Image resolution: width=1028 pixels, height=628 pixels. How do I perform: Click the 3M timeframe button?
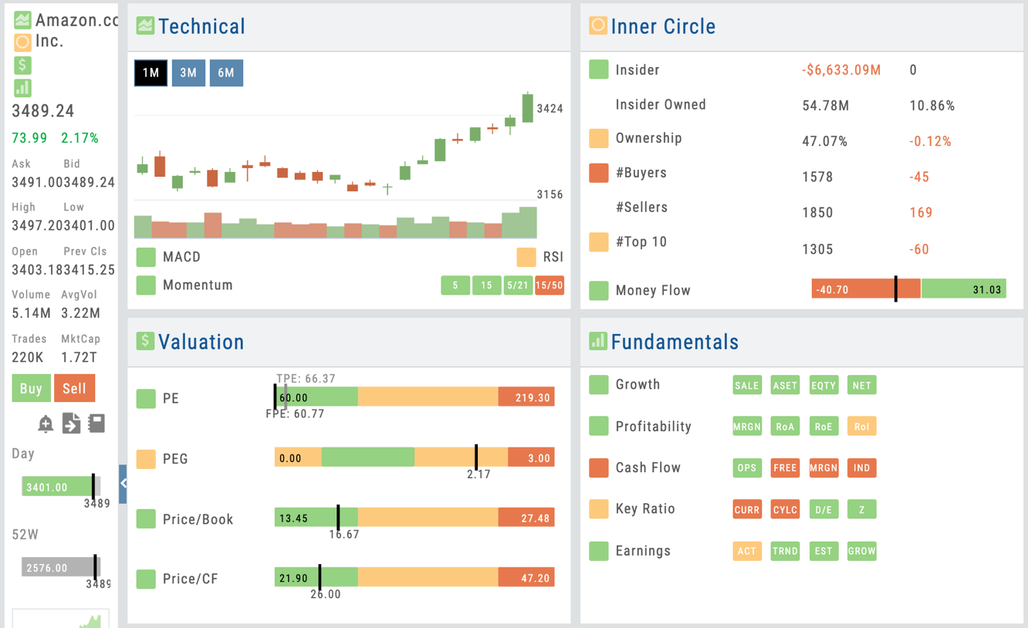click(188, 73)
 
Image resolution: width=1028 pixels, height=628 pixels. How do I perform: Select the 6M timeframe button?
click(226, 73)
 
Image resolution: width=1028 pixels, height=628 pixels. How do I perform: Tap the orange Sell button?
click(74, 388)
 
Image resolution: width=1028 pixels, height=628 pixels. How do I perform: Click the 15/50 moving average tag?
click(549, 285)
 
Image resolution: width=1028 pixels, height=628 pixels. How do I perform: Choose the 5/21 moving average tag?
click(517, 285)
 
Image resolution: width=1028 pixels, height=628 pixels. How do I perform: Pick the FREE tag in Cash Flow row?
click(785, 468)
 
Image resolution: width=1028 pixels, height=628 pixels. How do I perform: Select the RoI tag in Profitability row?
click(861, 427)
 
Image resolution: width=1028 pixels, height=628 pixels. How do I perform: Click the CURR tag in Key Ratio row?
click(746, 509)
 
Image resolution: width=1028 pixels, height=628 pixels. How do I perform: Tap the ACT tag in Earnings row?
click(746, 551)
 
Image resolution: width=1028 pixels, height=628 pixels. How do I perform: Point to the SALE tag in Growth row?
click(746, 385)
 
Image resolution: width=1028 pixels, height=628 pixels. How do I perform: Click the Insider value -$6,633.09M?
click(841, 70)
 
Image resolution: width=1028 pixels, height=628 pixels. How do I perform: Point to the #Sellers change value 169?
click(921, 212)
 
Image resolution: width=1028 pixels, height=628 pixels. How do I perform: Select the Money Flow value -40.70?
click(831, 290)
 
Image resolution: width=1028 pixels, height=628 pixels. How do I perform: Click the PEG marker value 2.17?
click(478, 474)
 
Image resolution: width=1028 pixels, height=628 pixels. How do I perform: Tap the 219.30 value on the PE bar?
click(533, 398)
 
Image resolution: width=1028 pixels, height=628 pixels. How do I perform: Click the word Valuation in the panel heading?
click(201, 342)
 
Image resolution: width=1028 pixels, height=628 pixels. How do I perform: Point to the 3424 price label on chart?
click(550, 109)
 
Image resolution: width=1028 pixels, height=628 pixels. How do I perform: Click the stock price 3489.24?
click(43, 111)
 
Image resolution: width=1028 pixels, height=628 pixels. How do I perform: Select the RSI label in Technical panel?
click(553, 257)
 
